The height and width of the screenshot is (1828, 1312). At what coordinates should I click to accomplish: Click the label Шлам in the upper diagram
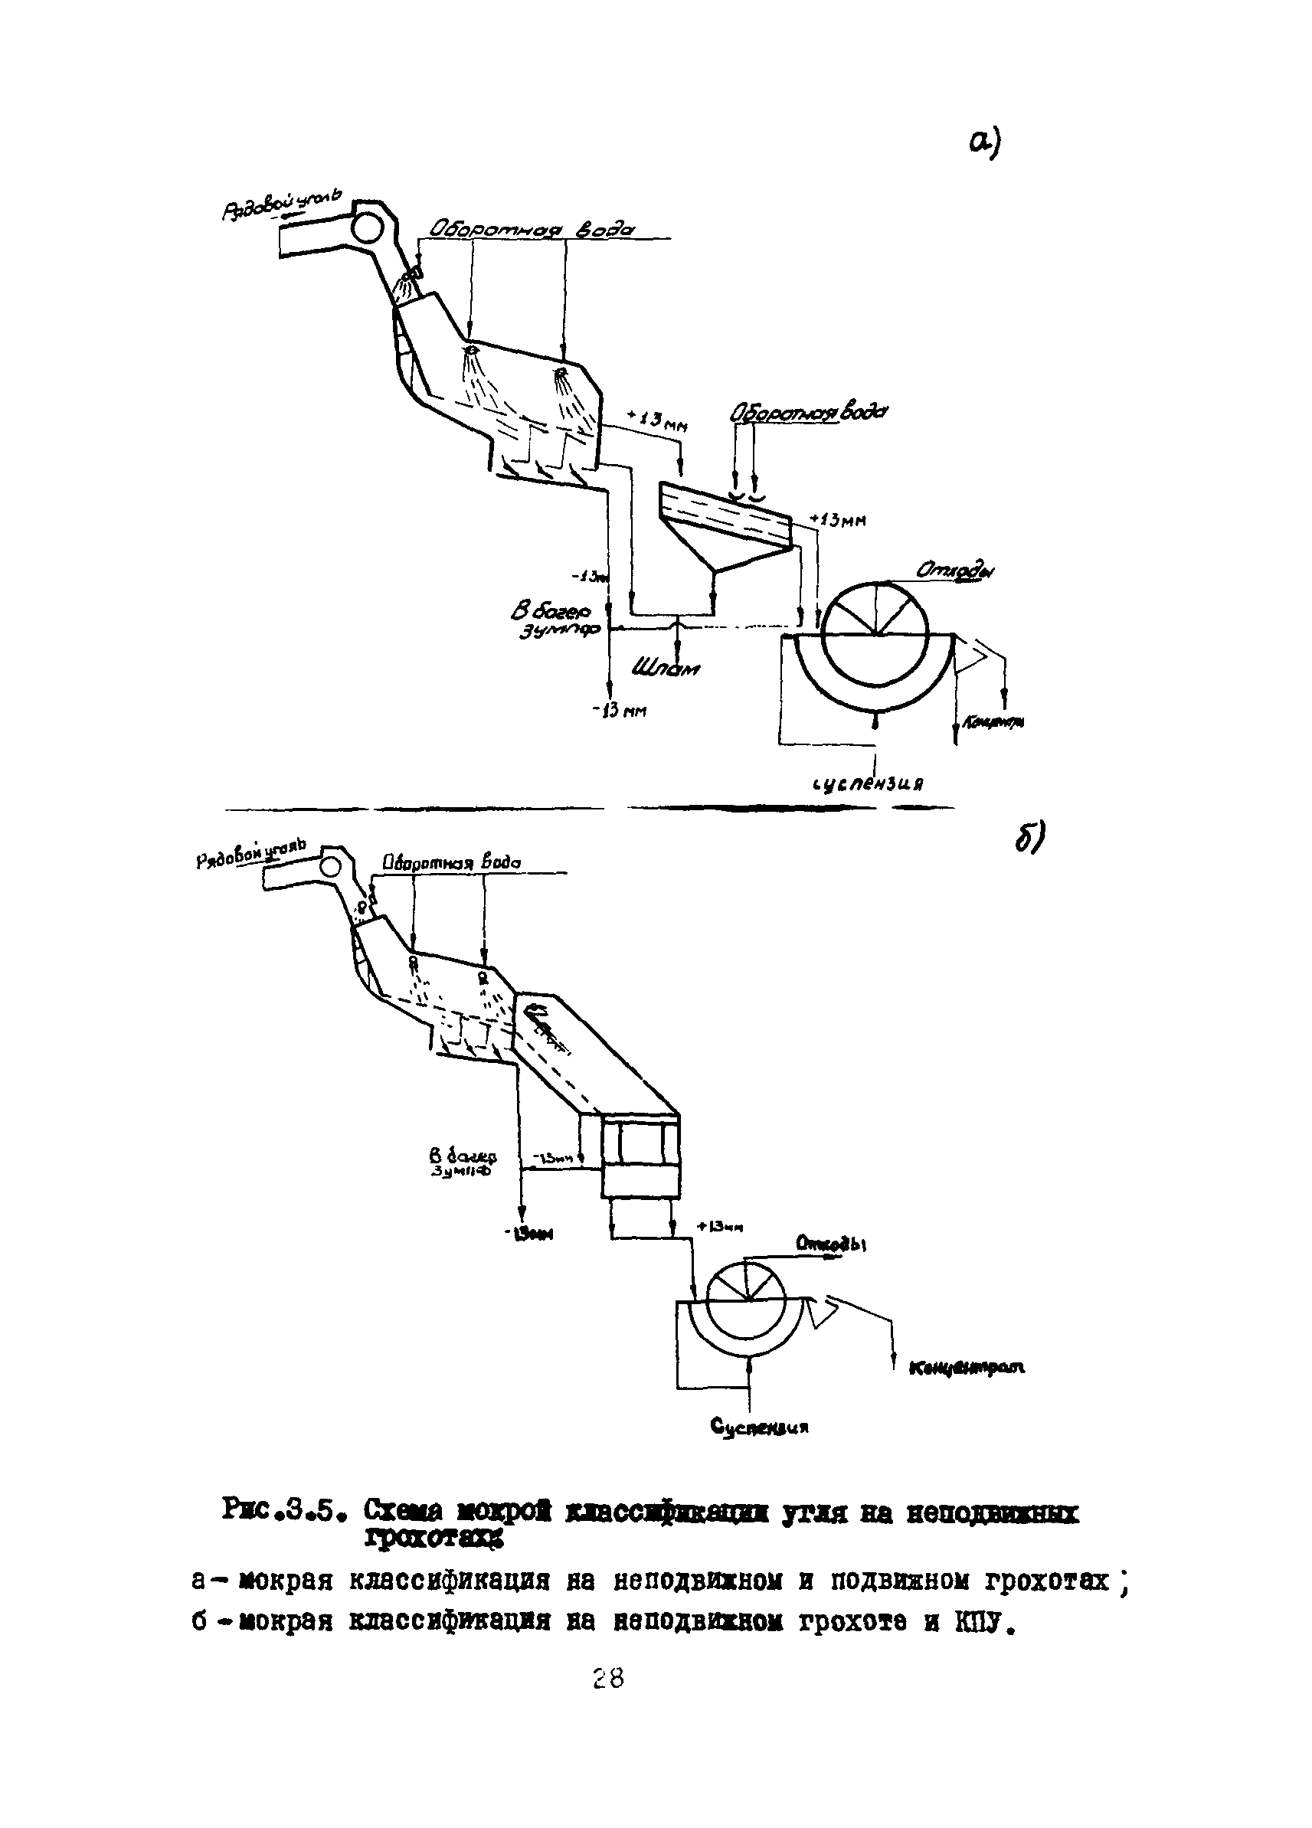click(x=665, y=667)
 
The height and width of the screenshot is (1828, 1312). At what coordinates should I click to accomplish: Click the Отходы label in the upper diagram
click(x=954, y=571)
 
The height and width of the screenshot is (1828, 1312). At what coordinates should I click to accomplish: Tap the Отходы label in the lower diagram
click(x=830, y=1244)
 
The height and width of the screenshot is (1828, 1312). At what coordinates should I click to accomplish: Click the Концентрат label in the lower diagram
click(x=967, y=1367)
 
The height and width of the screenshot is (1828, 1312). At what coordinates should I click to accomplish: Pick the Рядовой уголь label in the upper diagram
click(x=282, y=204)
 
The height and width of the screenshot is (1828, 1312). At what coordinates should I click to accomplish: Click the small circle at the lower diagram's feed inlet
click(x=331, y=866)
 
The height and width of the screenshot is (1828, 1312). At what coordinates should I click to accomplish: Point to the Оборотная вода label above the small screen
click(x=807, y=413)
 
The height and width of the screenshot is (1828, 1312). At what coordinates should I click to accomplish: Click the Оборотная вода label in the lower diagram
click(x=450, y=862)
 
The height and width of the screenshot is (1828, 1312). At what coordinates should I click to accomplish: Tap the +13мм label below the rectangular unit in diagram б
click(x=719, y=1226)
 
